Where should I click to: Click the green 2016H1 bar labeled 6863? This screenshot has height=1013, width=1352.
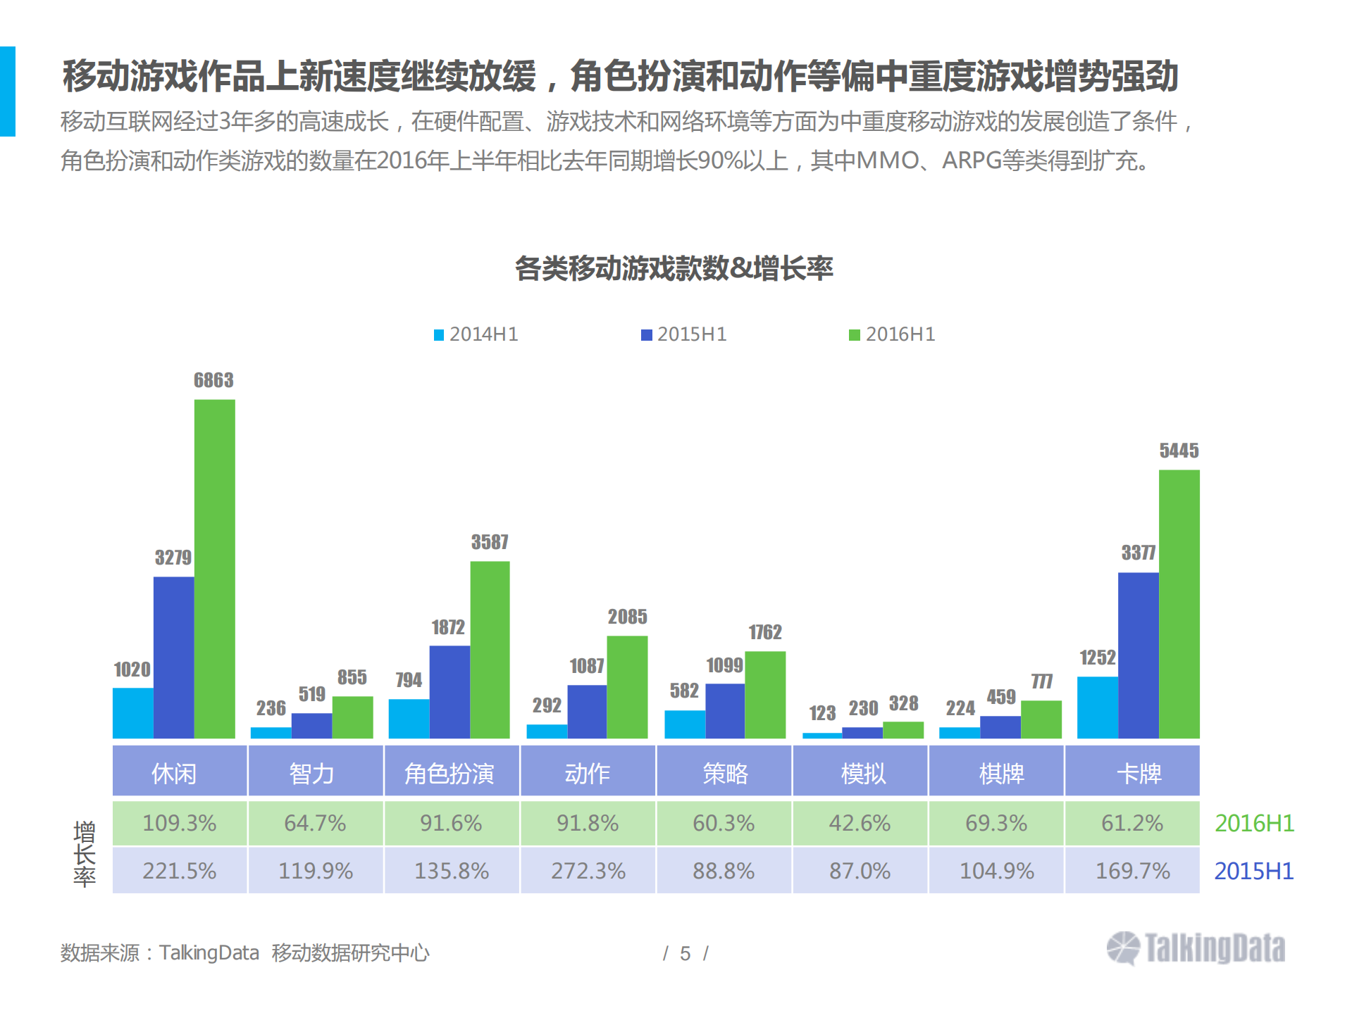pyautogui.click(x=214, y=569)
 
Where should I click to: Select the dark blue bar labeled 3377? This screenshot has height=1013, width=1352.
pyautogui.click(x=1138, y=655)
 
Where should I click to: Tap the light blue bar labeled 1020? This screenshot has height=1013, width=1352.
pyautogui.click(x=132, y=712)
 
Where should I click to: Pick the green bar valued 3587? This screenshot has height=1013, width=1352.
pyautogui.click(x=490, y=649)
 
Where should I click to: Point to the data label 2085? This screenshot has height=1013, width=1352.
pyautogui.click(x=627, y=617)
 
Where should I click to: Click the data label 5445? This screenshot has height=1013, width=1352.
pyautogui.click(x=1179, y=451)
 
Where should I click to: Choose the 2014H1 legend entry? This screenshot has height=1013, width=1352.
pyautogui.click(x=476, y=334)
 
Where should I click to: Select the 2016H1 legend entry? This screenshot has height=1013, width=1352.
pyautogui.click(x=893, y=334)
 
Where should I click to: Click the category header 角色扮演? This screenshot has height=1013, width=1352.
pyautogui.click(x=449, y=773)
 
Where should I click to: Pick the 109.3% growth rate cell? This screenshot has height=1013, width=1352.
pyautogui.click(x=180, y=823)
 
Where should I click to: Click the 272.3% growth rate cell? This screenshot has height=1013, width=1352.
pyautogui.click(x=588, y=871)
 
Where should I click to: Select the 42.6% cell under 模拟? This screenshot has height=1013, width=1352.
pyautogui.click(x=860, y=823)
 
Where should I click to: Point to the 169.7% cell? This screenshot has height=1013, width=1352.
pyautogui.click(x=1132, y=871)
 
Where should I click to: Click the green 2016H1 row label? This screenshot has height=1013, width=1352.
pyautogui.click(x=1254, y=823)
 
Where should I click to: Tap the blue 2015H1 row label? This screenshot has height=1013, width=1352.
pyautogui.click(x=1254, y=871)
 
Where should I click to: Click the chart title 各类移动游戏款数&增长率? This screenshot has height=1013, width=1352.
pyautogui.click(x=674, y=268)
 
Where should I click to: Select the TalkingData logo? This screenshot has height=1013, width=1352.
pyautogui.click(x=1196, y=948)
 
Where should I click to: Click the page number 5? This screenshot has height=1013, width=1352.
pyautogui.click(x=685, y=953)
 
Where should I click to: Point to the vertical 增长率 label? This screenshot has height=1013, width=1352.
pyautogui.click(x=85, y=853)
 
